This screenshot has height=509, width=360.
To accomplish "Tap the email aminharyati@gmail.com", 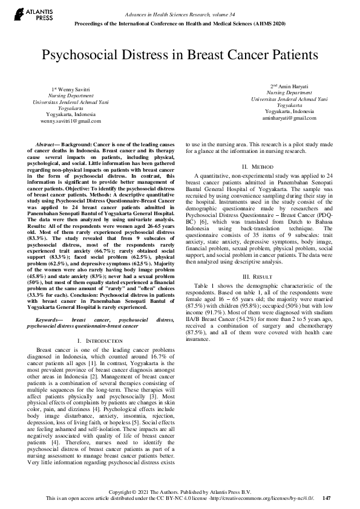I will click(x=289, y=117).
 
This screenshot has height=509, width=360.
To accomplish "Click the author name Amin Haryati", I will click(x=292, y=86).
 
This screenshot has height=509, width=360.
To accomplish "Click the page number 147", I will click(x=327, y=498).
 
